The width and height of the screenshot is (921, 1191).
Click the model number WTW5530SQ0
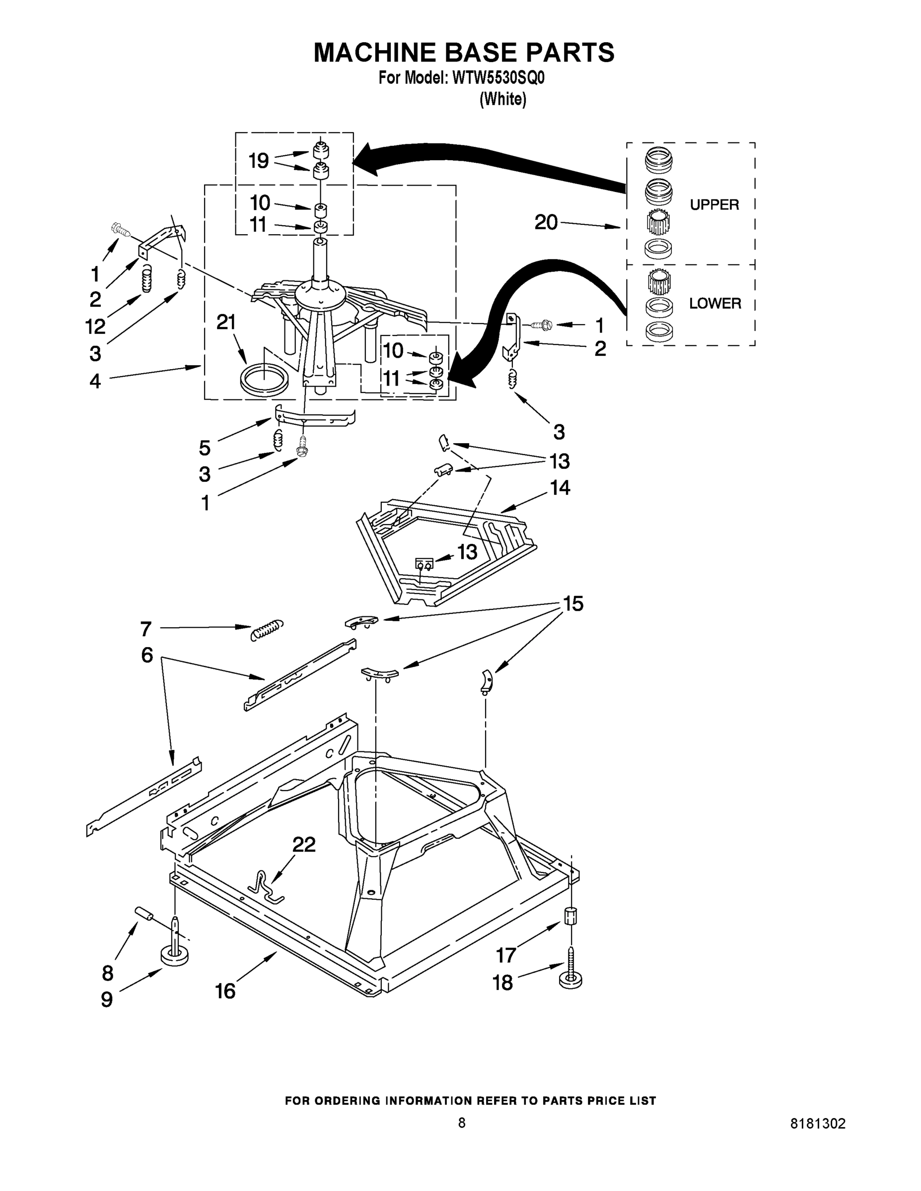click(498, 78)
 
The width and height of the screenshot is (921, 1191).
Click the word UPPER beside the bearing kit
click(714, 204)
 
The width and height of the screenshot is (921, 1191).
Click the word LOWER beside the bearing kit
click(715, 303)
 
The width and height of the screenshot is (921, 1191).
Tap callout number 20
click(546, 222)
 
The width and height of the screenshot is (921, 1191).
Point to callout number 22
click(304, 845)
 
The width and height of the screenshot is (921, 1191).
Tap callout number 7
click(145, 629)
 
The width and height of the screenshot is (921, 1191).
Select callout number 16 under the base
click(225, 991)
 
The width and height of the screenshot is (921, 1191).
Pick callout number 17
click(506, 955)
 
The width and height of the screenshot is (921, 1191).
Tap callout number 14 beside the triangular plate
click(560, 487)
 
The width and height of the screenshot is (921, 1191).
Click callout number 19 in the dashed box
click(259, 161)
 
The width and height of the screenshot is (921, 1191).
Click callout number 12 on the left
click(95, 327)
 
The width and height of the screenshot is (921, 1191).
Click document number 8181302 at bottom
click(818, 1124)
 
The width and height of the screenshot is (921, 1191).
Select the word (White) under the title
click(502, 99)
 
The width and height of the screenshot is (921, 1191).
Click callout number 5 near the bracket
click(205, 448)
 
